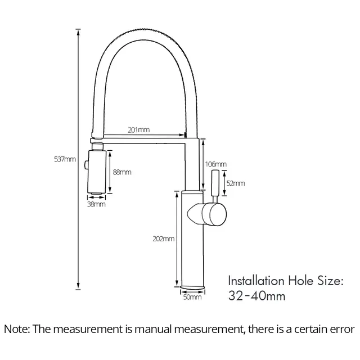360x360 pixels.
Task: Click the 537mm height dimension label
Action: (65, 159)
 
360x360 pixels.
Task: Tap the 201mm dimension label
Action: (139, 130)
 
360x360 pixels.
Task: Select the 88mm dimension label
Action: (122, 172)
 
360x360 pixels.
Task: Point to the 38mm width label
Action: (96, 204)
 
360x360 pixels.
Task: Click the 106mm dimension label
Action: (215, 164)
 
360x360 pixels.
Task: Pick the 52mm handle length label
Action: (236, 183)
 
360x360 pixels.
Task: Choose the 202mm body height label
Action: (164, 238)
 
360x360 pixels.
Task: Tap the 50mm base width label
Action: (192, 297)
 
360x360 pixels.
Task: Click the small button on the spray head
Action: (86, 165)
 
